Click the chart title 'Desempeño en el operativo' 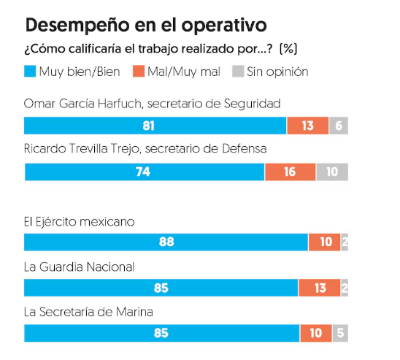coord(146,26)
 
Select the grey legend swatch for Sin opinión coord(237,72)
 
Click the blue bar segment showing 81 coord(155,126)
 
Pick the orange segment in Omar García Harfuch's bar coord(307,126)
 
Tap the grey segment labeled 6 coord(339,126)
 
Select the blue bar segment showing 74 coord(144,172)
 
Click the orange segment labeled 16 coord(290,172)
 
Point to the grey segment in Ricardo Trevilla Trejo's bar coord(332,172)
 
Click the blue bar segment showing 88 coord(166,242)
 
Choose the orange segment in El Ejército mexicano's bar coord(324,242)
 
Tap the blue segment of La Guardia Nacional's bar coord(161,288)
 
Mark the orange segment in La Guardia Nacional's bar coord(319,288)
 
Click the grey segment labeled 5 coord(340,333)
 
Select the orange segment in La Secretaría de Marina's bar coord(315,333)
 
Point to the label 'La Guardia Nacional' coord(79,267)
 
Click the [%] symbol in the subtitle coord(288,50)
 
